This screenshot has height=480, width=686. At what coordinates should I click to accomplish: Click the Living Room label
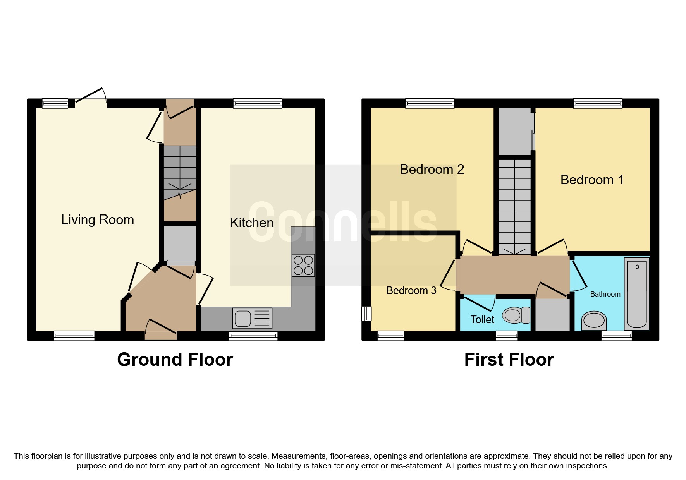click(97, 219)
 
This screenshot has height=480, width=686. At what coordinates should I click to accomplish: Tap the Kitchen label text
click(252, 223)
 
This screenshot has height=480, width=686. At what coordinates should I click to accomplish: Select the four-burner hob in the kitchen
click(303, 265)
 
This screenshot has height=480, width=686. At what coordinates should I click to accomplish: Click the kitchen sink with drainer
click(252, 318)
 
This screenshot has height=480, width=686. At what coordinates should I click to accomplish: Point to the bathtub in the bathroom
click(637, 294)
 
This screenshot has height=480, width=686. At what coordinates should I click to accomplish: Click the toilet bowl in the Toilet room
click(516, 315)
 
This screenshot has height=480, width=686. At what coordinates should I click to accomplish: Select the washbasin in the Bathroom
click(594, 321)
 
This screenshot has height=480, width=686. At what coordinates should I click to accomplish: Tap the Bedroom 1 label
click(592, 180)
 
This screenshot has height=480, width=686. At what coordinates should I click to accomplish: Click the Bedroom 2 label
click(432, 169)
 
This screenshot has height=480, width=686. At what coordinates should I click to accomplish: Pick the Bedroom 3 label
click(411, 290)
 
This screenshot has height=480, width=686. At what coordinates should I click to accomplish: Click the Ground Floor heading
click(175, 360)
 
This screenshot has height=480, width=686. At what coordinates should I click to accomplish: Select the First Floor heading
click(509, 360)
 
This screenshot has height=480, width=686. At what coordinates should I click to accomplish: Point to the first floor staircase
click(514, 205)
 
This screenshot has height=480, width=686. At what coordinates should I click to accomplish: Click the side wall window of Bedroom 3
click(366, 314)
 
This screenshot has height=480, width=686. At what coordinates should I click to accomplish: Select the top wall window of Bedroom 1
click(598, 103)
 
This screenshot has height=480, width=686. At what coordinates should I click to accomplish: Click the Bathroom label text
click(605, 294)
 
